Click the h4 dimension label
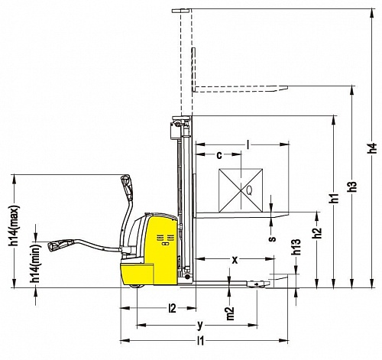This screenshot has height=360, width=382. pos(373,148)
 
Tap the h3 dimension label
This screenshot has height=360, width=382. pos(353,186)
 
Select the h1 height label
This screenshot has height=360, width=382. pos(335,198)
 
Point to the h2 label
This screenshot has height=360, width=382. pos(317,232)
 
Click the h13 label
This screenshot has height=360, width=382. pos(296,247)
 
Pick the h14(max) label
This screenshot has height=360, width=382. pos(15,225)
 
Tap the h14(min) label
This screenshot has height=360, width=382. pos(36,263)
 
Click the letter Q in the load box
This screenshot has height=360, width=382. pos(249,190)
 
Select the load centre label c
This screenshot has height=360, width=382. pos(219,155)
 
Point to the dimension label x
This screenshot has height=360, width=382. pos(235,260)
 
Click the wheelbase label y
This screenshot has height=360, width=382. pos(200,325)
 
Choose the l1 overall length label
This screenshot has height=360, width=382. pos(201,341)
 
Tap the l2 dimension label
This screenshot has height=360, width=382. pos(173,308)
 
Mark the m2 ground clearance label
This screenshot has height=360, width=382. pos(230,313)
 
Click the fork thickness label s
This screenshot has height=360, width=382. pos(273,238)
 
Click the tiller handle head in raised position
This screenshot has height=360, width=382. pos(127,186)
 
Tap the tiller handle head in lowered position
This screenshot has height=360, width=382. pos(60,245)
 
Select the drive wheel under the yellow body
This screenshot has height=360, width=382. pos(137,287)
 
